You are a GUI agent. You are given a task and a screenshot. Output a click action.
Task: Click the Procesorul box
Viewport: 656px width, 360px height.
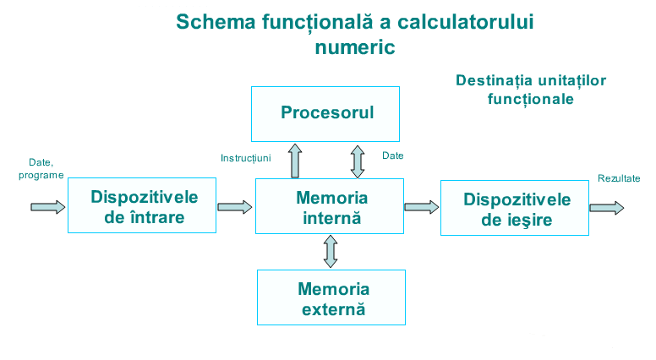[x=326, y=112]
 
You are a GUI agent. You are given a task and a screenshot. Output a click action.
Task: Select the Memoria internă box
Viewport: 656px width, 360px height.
[x=331, y=206]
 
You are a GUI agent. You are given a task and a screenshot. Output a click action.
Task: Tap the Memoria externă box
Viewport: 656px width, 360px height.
[x=331, y=297]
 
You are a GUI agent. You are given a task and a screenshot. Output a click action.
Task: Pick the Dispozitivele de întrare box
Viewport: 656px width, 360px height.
[x=143, y=206]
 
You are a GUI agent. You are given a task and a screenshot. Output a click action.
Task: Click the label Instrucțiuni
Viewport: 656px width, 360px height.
[x=245, y=157]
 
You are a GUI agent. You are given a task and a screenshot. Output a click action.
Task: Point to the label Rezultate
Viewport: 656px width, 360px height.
[x=618, y=178]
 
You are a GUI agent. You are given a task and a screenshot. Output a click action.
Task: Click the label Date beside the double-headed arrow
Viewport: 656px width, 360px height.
[x=393, y=155]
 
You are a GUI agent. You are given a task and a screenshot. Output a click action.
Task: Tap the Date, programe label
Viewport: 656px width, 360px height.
[x=41, y=168]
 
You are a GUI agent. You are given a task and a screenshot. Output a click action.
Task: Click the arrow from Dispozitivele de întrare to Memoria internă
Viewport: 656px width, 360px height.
[x=235, y=206]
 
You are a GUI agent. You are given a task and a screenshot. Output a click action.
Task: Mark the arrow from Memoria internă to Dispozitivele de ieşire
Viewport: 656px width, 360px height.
[x=421, y=206]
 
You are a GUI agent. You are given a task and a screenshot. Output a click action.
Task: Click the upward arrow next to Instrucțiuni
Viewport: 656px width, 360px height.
[x=295, y=161]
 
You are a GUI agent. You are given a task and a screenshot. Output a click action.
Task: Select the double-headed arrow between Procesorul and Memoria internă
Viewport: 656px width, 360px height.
[x=358, y=161]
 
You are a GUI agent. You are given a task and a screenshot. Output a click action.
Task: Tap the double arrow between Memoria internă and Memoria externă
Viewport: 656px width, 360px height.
[x=331, y=251]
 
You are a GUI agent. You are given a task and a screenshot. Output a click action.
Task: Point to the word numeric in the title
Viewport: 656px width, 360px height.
[x=354, y=47]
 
